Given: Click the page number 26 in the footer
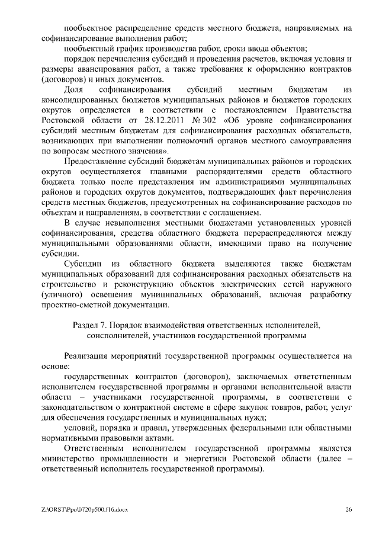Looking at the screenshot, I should pos(349,510).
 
